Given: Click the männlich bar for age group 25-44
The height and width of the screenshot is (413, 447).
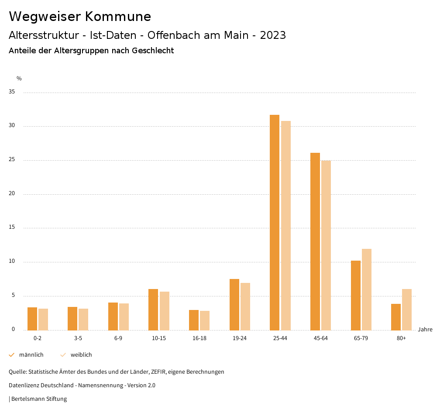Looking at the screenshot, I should (x=275, y=223).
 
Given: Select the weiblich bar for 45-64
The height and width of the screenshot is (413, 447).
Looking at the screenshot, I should (x=326, y=245).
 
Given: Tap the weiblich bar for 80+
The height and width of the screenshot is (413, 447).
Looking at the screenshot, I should (x=407, y=310).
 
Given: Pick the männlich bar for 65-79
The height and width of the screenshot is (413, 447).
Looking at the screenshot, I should (x=356, y=296).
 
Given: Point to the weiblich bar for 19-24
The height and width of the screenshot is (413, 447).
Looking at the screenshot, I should (x=245, y=306).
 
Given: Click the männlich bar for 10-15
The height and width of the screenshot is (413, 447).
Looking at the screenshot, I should (x=153, y=310).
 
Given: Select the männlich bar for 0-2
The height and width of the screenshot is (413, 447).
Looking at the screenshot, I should (x=32, y=319).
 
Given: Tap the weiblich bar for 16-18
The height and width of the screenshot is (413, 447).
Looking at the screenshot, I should (x=205, y=320).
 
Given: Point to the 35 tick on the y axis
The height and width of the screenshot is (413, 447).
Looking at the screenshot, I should (x=12, y=92).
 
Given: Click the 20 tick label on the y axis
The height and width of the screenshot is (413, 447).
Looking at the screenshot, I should (x=12, y=194).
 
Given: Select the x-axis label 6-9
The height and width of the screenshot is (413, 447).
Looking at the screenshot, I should (x=118, y=338).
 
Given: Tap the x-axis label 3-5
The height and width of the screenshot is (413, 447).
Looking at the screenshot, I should (x=78, y=338).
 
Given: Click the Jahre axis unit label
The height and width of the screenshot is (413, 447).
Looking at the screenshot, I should (x=425, y=330).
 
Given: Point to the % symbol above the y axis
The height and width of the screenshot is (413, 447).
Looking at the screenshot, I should (x=19, y=79).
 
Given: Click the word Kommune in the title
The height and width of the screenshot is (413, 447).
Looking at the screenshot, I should (x=118, y=17).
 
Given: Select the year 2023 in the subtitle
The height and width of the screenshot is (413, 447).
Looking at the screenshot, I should (x=273, y=35).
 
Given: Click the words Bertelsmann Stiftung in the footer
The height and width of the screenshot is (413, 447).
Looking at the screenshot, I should (x=39, y=399).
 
